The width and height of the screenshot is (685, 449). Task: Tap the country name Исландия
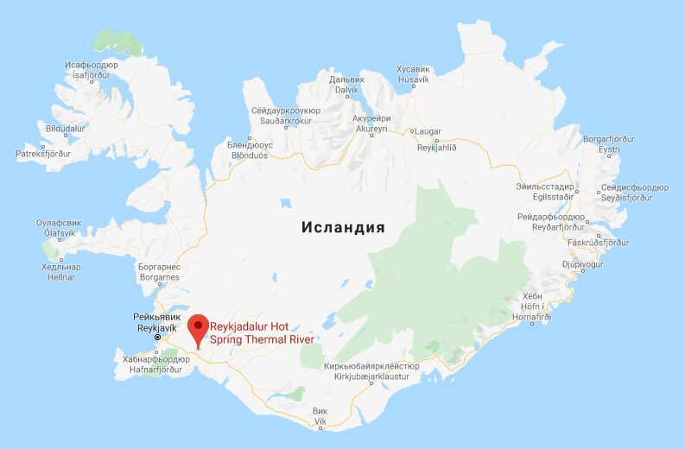343,228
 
